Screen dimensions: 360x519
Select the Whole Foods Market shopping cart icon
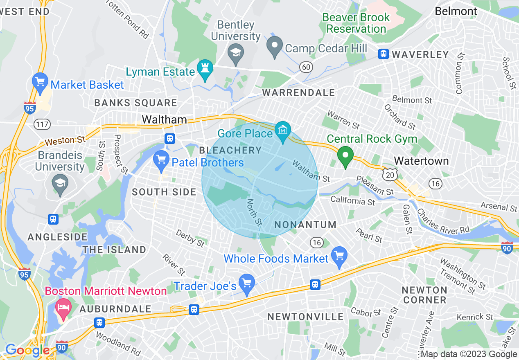(339, 256)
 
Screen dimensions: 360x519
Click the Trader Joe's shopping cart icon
(247, 283)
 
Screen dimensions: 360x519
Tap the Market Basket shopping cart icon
(40, 82)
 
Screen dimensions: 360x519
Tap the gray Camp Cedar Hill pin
(274, 46)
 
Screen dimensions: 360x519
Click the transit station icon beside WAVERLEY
(383, 54)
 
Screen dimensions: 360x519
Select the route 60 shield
(305, 66)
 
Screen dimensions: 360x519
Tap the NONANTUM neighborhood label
(305, 225)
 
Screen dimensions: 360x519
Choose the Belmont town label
(456, 11)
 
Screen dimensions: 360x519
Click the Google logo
(27, 350)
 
